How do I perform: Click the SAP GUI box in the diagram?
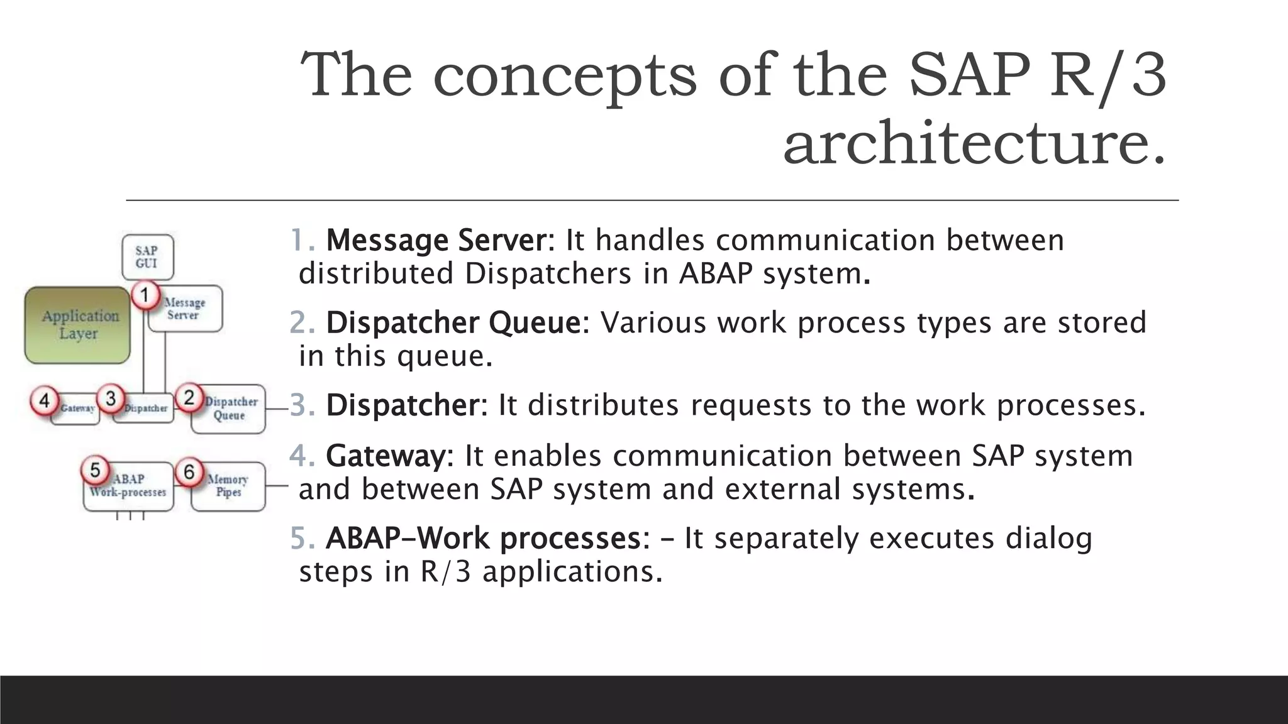coord(147,257)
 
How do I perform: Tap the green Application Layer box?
coord(78,325)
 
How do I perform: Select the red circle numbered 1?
coord(145,295)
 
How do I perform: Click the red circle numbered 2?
coord(189,398)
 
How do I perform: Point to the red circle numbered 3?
coord(111,398)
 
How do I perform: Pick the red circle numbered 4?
coord(44,401)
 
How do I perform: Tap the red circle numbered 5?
coord(96,470)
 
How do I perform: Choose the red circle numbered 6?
coord(189,471)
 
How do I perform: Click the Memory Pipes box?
coord(228,486)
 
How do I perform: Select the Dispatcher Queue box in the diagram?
coord(229,410)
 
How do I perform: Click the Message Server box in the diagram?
coord(185,309)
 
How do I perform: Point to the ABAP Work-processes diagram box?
coord(128,488)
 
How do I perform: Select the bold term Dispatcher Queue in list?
coord(453,322)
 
